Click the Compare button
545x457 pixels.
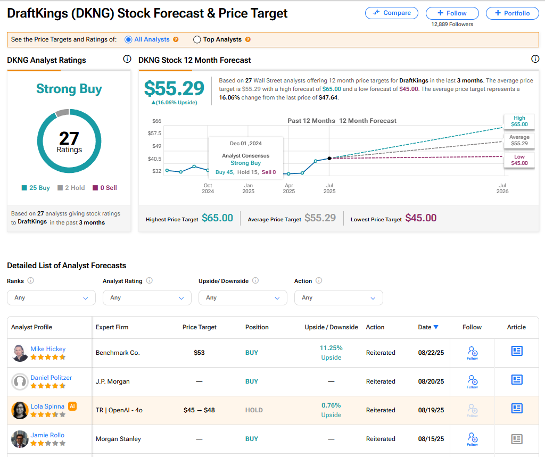pyautogui.click(x=392, y=13)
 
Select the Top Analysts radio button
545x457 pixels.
pyautogui.click(x=197, y=39)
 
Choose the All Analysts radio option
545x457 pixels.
pyautogui.click(x=128, y=39)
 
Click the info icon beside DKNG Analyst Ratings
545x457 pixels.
pyautogui.click(x=127, y=59)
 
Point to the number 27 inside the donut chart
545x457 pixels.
pyautogui.click(x=69, y=138)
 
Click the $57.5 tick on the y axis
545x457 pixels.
pyautogui.click(x=154, y=133)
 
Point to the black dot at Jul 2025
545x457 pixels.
pyautogui.click(x=329, y=158)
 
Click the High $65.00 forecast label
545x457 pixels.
pyautogui.click(x=519, y=121)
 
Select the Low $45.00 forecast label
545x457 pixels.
pyautogui.click(x=519, y=160)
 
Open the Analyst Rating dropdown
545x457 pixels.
pyautogui.click(x=147, y=298)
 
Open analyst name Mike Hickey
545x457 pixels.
pyautogui.click(x=48, y=349)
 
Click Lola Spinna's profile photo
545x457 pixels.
pyautogui.click(x=20, y=410)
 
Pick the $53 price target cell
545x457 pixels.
pyautogui.click(x=199, y=353)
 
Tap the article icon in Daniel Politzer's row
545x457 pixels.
pyautogui.click(x=516, y=379)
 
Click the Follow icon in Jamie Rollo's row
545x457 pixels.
pyautogui.click(x=472, y=438)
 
